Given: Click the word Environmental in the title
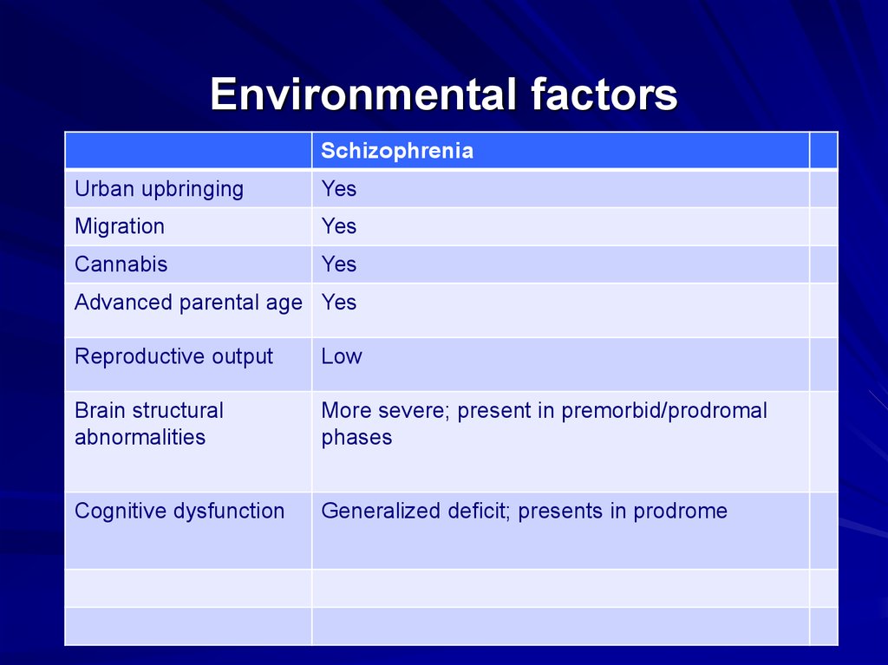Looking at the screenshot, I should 363,95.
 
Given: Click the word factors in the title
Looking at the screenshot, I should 604,95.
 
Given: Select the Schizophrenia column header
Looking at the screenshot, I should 397,151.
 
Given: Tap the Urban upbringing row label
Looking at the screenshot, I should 159,189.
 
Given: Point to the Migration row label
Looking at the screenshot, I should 119,226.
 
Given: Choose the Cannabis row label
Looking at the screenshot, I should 121,264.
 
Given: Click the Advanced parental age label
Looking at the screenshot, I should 188,303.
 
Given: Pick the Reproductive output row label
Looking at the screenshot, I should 173,356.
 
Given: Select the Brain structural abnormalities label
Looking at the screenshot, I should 148,424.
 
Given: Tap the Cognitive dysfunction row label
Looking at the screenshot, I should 180,511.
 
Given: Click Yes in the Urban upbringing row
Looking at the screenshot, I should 338,189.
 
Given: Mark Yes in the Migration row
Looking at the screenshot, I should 338,226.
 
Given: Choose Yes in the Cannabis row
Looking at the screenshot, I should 338,264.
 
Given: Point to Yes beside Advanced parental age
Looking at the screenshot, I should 338,303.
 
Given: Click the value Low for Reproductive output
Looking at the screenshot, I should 341,356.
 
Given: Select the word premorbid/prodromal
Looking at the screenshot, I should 664,411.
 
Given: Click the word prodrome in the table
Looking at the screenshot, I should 680,511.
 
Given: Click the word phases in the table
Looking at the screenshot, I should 356,438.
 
